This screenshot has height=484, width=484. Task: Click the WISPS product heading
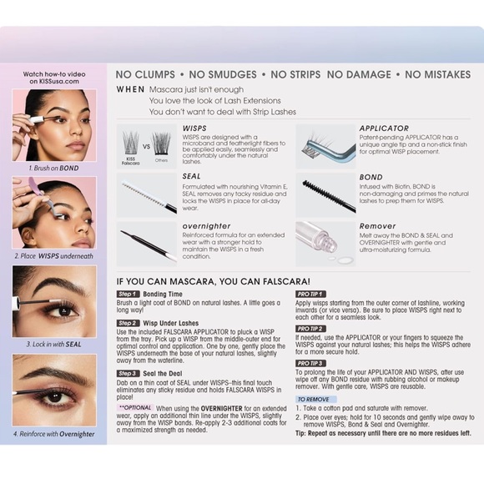coord(193,129)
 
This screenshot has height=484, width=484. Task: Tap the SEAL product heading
coord(191,177)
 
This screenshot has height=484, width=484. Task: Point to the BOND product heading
coord(371,177)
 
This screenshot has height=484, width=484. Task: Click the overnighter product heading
coord(206,226)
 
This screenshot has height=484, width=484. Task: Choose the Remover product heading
coord(377,226)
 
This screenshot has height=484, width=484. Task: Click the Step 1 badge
coord(128,294)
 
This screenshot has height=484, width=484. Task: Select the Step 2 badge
coord(128,323)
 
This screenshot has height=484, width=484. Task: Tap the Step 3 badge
coord(128,373)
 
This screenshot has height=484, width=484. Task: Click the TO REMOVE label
coord(313,400)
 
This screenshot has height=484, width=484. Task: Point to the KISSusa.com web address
coord(54,82)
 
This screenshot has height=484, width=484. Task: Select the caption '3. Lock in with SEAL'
coord(54,344)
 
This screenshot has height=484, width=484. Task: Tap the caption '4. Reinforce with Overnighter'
coord(54,434)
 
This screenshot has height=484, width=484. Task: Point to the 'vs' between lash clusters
coord(146,145)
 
